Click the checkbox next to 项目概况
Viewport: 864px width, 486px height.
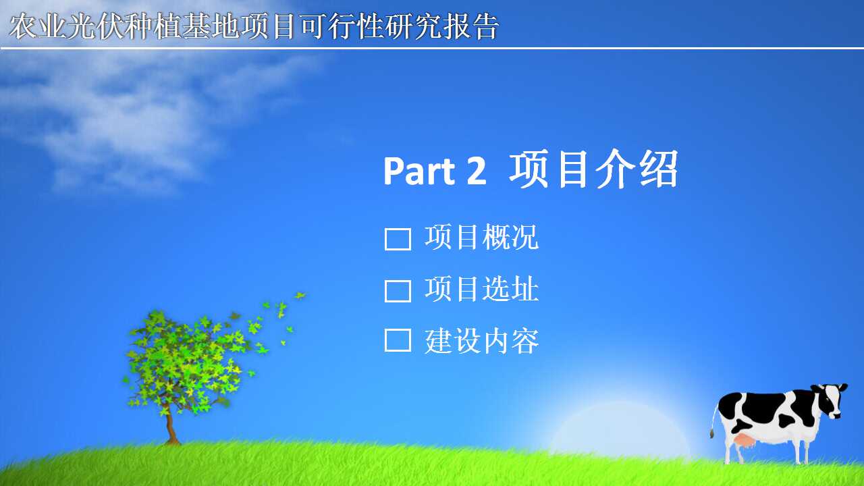[x=398, y=239]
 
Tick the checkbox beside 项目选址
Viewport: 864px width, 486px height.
[x=398, y=291]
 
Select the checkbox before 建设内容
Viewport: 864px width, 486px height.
[x=398, y=340]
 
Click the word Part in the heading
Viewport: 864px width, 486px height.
[x=420, y=171]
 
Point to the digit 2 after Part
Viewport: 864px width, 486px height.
[x=477, y=171]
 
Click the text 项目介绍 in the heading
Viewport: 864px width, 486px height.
[x=594, y=169]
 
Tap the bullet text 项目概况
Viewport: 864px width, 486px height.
[x=481, y=237]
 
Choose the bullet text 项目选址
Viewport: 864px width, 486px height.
[x=481, y=289]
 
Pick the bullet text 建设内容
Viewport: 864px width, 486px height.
[x=481, y=341]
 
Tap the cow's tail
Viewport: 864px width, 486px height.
[x=714, y=421]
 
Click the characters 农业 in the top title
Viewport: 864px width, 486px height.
[x=37, y=26]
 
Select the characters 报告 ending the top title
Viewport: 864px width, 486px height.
[x=471, y=26]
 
